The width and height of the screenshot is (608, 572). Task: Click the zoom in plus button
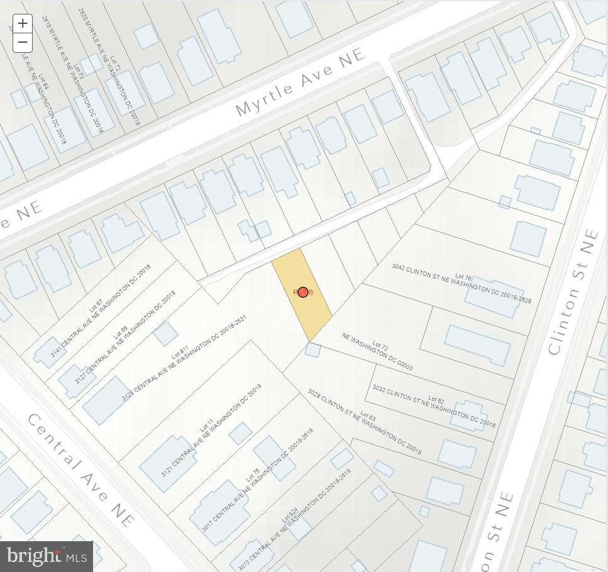pyautogui.click(x=23, y=24)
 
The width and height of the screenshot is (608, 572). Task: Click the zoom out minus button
pyautogui.click(x=23, y=43)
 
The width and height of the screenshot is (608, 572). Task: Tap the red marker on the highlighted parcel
pyautogui.click(x=303, y=292)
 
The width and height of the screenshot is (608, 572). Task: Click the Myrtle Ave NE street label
pyautogui.click(x=300, y=82)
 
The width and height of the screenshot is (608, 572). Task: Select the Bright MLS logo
pyautogui.click(x=47, y=556)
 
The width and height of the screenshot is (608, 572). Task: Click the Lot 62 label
pyautogui.click(x=436, y=400)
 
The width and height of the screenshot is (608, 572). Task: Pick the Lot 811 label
pyautogui.click(x=180, y=352)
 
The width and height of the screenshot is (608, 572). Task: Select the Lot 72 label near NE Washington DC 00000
pyautogui.click(x=380, y=346)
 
